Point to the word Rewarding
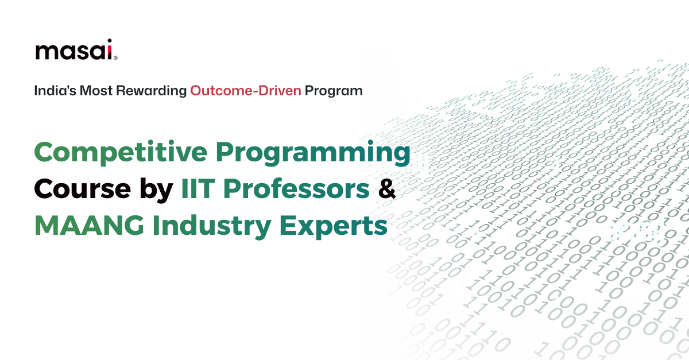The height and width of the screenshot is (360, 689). (152, 91)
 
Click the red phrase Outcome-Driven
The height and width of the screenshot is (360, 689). (245, 91)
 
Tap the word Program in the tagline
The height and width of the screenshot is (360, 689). (334, 91)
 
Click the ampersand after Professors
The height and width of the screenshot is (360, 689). (387, 190)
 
